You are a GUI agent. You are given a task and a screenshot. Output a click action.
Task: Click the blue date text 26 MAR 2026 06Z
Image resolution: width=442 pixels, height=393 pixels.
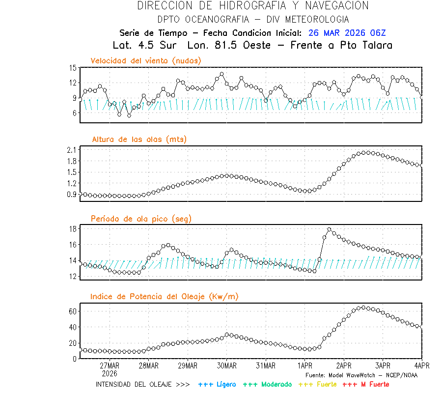(347, 33)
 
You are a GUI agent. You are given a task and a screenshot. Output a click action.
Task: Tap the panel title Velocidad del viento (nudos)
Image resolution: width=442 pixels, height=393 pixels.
(146, 60)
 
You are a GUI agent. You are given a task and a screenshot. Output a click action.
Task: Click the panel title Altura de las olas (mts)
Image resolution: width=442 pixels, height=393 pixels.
(139, 140)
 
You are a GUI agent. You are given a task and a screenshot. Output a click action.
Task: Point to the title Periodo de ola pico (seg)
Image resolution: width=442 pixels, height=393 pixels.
(141, 219)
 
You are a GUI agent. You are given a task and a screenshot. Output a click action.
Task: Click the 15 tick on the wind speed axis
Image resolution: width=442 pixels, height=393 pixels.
(73, 68)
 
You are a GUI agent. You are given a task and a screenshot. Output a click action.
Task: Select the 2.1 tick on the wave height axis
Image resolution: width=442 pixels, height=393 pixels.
(71, 149)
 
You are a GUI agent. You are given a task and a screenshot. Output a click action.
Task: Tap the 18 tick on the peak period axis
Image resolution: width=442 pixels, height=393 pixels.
(73, 229)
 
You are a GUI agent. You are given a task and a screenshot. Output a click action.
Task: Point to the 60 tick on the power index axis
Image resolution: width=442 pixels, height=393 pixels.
(73, 311)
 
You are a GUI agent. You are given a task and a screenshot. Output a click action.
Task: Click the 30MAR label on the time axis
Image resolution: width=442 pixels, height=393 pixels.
(226, 366)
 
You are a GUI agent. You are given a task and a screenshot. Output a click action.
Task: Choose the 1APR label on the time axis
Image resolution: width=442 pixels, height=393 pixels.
(305, 366)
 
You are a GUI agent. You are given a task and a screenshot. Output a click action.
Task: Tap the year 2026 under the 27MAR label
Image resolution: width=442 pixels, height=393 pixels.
(110, 373)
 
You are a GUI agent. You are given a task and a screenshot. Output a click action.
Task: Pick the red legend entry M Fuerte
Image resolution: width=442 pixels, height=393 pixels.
(373, 384)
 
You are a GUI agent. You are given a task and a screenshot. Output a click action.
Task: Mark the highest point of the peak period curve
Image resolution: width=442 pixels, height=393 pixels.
(330, 229)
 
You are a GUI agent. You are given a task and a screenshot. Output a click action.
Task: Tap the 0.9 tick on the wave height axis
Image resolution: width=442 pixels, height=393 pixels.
(71, 195)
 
